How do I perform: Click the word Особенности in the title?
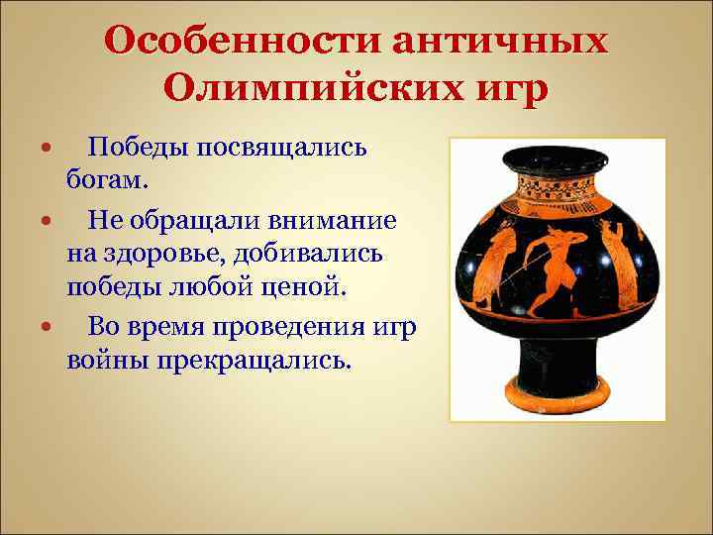(x=242, y=43)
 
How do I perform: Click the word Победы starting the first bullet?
(x=133, y=149)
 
